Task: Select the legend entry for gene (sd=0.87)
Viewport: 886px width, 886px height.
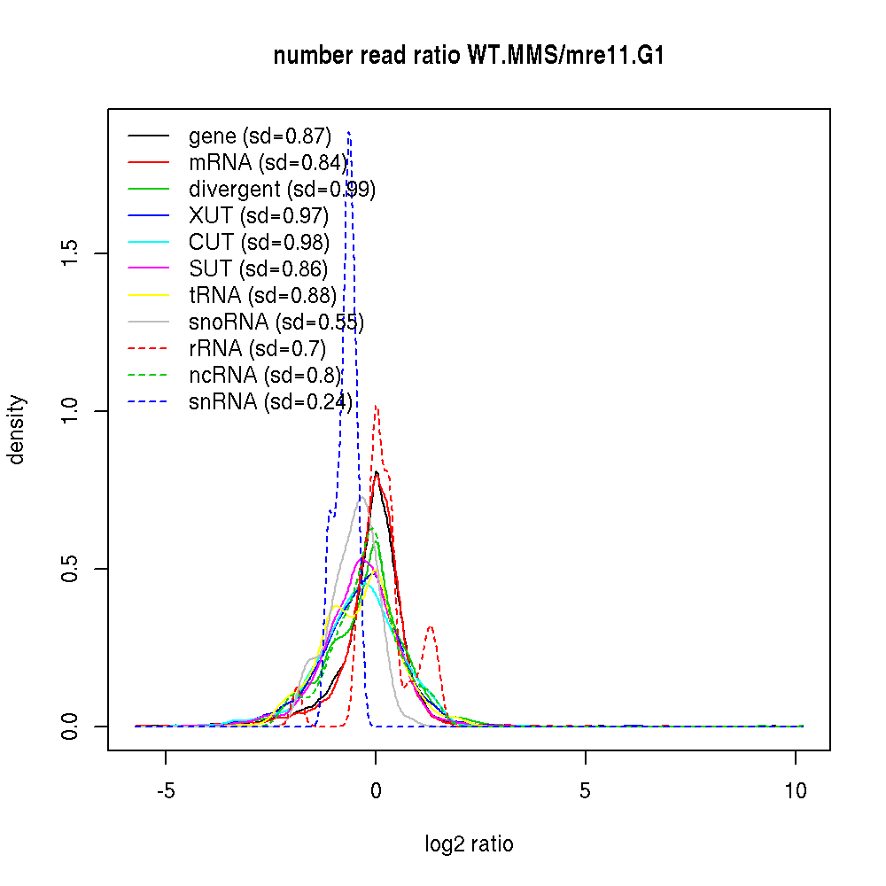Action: [x=260, y=136]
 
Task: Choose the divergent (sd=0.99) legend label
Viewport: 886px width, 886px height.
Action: [x=282, y=190]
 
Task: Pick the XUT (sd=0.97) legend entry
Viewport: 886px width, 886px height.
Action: [x=259, y=216]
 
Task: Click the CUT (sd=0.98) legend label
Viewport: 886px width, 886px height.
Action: [x=259, y=243]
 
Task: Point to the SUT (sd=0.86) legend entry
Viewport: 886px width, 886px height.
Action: [x=258, y=269]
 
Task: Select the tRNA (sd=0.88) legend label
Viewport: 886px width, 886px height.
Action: [x=262, y=296]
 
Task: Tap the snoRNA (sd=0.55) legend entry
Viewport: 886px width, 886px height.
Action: [x=276, y=323]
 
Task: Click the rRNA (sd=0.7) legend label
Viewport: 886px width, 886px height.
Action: [x=258, y=349]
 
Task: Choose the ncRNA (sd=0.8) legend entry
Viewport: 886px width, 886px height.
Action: [x=265, y=376]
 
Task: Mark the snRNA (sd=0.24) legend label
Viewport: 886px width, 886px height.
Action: [x=270, y=402]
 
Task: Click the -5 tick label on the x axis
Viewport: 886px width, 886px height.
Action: [x=166, y=791]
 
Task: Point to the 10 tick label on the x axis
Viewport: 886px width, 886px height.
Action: [x=796, y=791]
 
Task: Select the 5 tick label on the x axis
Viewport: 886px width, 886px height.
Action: [x=586, y=791]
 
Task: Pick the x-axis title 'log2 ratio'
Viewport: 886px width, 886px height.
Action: [x=469, y=844]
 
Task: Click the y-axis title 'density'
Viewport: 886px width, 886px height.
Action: [x=17, y=429]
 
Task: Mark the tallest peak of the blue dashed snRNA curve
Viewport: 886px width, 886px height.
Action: [x=349, y=133]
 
